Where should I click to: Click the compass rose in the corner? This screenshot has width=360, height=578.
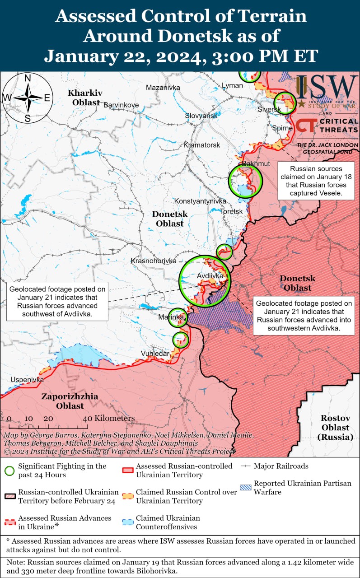pos(28,98)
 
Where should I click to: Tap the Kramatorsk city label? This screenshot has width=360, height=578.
pos(201,145)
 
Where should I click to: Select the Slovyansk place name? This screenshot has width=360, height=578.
pos(201,116)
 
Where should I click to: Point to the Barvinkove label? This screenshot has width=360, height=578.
pos(121,105)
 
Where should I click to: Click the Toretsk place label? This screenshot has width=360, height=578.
pos(231,211)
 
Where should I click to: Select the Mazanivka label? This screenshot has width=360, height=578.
pos(163,87)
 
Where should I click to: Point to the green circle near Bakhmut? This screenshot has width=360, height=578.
pos(245,181)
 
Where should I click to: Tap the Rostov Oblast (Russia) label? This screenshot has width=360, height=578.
pos(335,427)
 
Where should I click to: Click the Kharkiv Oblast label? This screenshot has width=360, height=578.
pos(84,98)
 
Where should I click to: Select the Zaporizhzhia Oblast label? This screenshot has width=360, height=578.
pos(70,401)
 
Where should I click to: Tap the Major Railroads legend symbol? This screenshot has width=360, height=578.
pos(246,466)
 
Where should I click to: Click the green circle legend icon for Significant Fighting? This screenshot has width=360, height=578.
pos(9,471)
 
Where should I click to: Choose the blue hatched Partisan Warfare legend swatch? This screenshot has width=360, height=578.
pos(246,488)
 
